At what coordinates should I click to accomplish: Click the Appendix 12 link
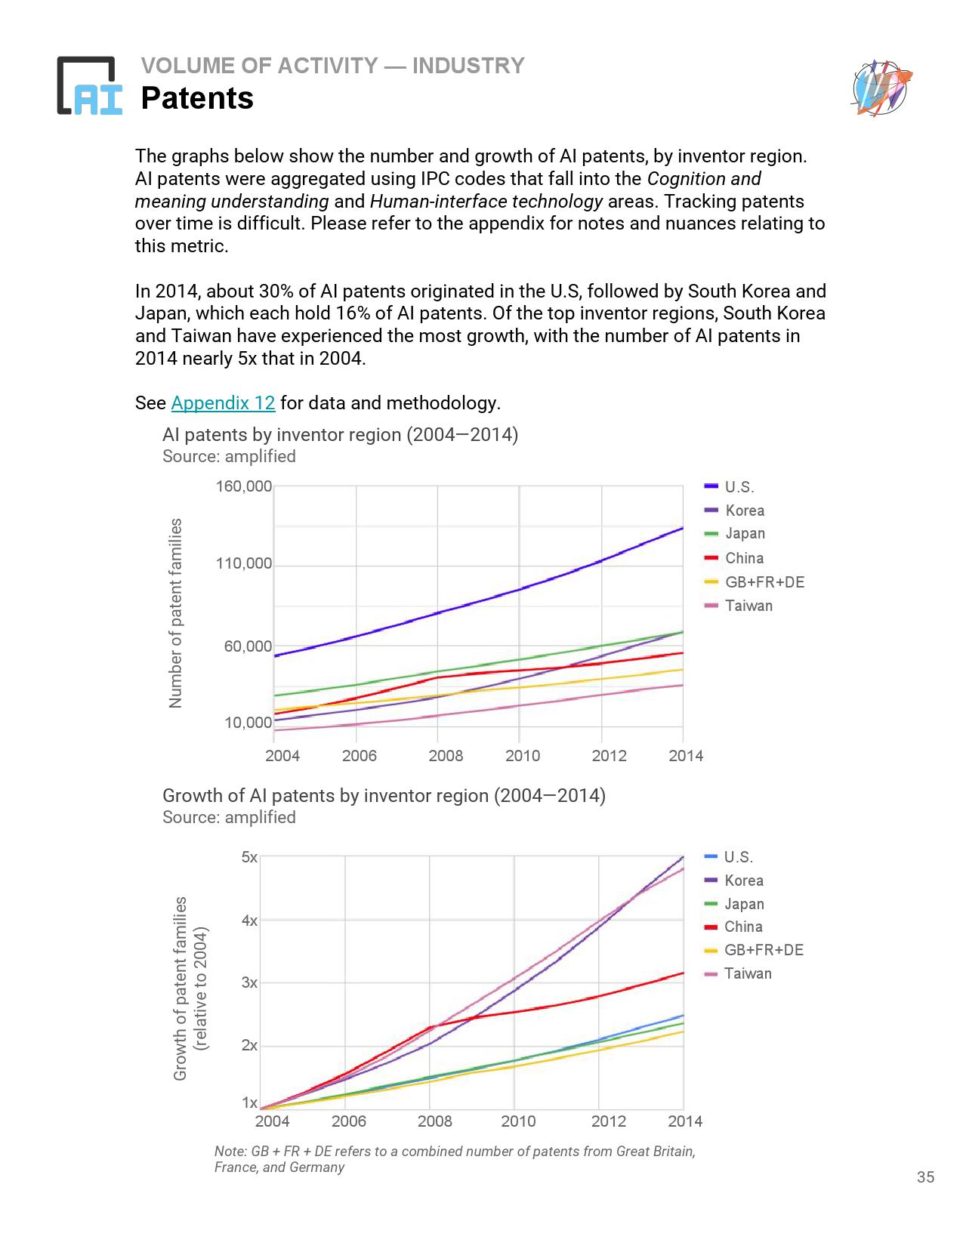tap(223, 403)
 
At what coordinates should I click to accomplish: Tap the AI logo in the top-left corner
tap(89, 86)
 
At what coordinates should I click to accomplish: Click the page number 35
tap(925, 1177)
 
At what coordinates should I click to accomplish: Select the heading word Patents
tap(197, 98)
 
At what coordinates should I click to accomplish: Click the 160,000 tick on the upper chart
tap(243, 486)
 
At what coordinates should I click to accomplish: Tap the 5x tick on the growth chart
tap(249, 857)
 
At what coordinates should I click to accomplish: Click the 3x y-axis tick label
tap(249, 982)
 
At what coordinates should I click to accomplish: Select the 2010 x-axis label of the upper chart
tap(523, 756)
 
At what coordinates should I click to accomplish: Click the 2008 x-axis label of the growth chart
tap(435, 1121)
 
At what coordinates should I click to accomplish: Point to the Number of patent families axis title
tap(176, 613)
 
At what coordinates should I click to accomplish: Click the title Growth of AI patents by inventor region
tap(384, 796)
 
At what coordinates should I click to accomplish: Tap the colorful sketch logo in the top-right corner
tap(881, 88)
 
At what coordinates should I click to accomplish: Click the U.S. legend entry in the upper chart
tap(739, 487)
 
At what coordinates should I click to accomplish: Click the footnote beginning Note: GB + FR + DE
tap(455, 1159)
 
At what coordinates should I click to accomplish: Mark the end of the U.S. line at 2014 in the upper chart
tap(682, 528)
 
